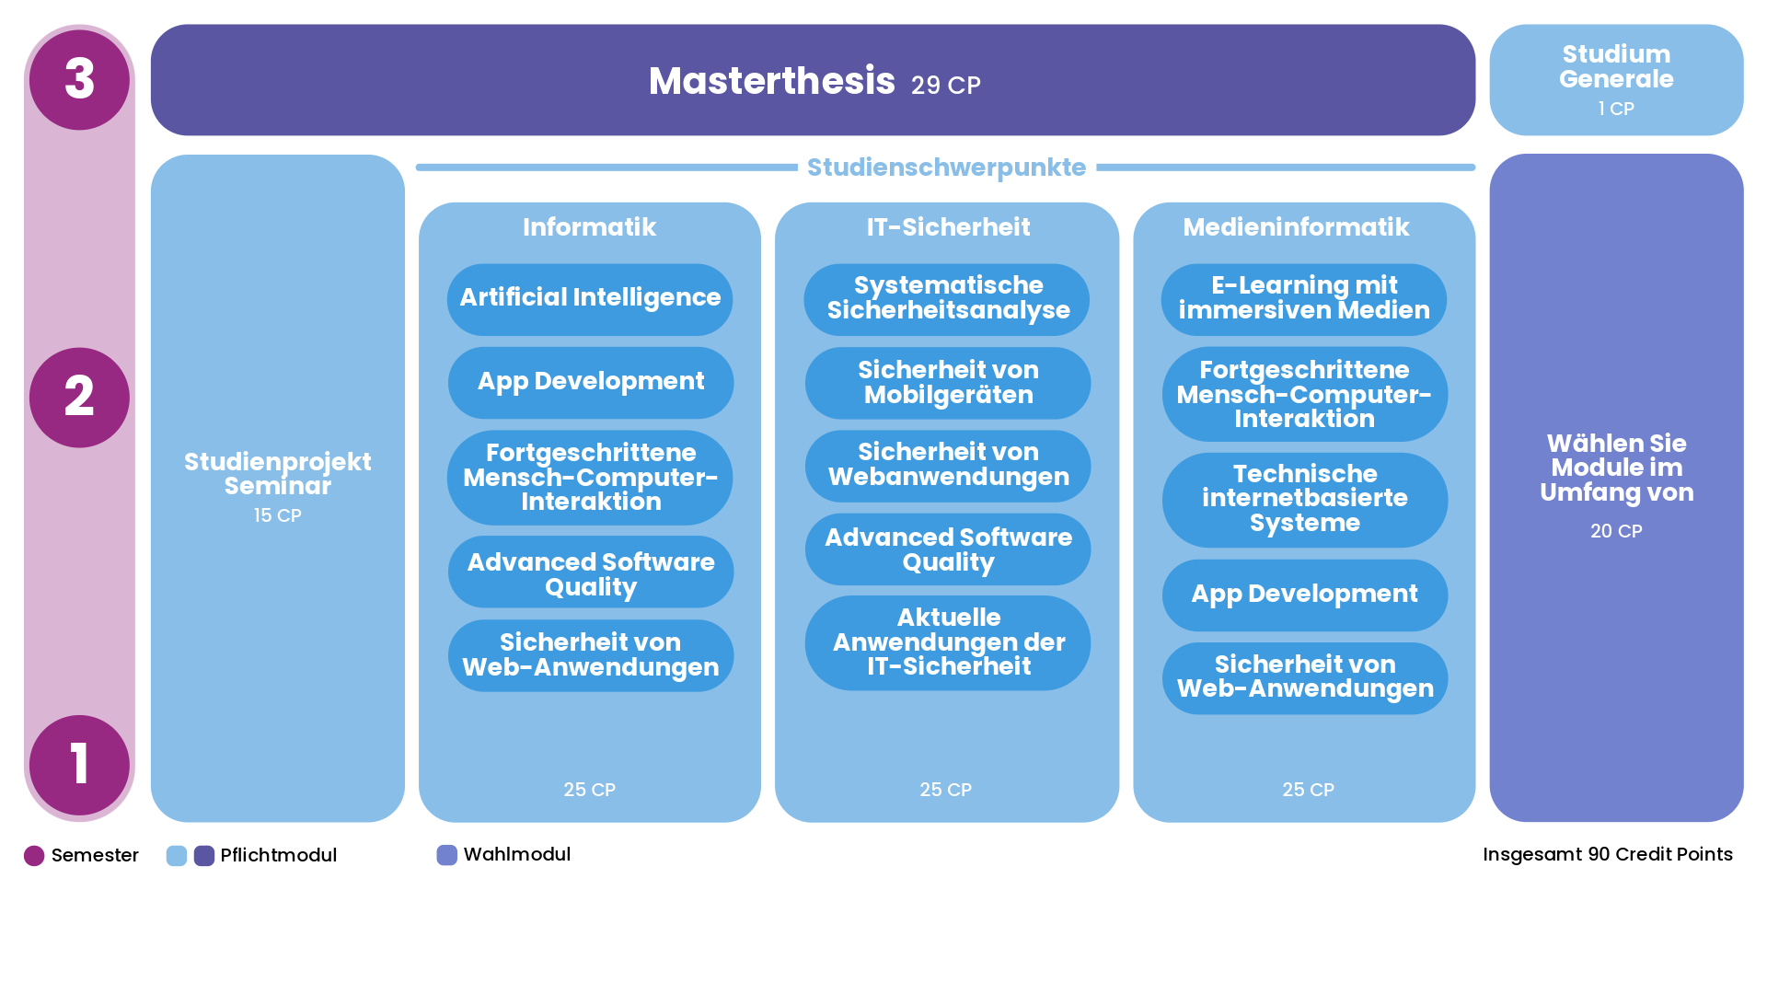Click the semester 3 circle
[x=79, y=79]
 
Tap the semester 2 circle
[x=79, y=398]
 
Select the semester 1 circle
[x=79, y=765]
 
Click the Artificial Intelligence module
[x=590, y=298]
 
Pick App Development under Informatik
[x=590, y=382]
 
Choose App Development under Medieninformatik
[x=1304, y=595]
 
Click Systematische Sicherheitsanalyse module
[x=947, y=298]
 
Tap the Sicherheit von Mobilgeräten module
[x=947, y=383]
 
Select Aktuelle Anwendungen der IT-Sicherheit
[x=947, y=642]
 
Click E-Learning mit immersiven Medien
[x=1304, y=298]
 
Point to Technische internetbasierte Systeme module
[x=1304, y=499]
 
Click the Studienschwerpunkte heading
[x=946, y=168]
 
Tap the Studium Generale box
[x=1616, y=79]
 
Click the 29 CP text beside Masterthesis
[x=945, y=86]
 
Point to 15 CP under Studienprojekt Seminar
[x=277, y=516]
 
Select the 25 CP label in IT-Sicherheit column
[x=945, y=790]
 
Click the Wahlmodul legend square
[x=446, y=855]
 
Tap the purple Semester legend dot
[x=34, y=856]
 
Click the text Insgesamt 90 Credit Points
[x=1607, y=855]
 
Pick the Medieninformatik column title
[x=1296, y=227]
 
